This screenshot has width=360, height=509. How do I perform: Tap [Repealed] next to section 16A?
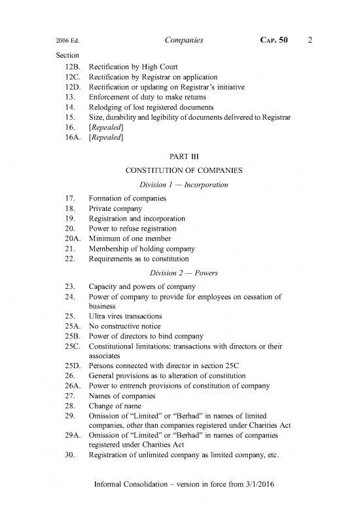(x=106, y=137)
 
